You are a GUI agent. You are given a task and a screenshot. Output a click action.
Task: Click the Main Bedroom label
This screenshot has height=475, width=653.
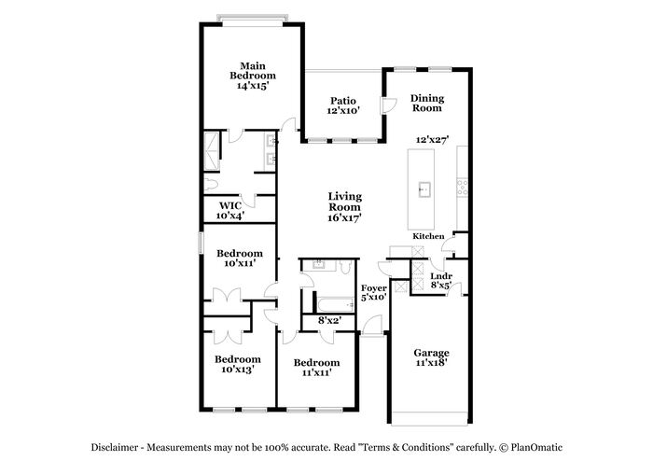253,71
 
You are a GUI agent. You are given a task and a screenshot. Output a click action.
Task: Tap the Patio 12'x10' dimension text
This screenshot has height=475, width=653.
343,110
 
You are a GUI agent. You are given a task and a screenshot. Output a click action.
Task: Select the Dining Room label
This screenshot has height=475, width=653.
427,104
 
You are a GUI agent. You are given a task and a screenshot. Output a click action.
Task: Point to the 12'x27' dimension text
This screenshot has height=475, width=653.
432,140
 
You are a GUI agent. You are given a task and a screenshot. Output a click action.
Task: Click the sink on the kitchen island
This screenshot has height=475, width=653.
424,189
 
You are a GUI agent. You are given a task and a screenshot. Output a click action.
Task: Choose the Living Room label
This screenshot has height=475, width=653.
345,202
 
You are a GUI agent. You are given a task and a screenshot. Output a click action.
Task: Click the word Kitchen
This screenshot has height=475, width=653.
428,236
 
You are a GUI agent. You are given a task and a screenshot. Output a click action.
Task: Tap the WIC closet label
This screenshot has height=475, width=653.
230,205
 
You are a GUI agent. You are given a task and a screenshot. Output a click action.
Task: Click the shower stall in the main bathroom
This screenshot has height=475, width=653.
212,151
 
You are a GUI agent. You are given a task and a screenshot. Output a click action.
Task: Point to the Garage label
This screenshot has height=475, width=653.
431,353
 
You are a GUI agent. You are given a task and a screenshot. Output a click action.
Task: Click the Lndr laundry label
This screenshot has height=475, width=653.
441,276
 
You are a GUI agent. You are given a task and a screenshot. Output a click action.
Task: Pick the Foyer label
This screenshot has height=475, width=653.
374,288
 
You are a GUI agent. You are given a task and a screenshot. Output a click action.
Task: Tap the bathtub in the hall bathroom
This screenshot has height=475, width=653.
336,305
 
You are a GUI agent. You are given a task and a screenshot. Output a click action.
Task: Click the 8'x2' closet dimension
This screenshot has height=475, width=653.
330,320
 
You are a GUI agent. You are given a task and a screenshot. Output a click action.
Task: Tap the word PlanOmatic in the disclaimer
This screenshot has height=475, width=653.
536,448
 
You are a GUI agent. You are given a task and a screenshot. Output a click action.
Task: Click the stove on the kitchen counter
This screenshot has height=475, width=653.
463,188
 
